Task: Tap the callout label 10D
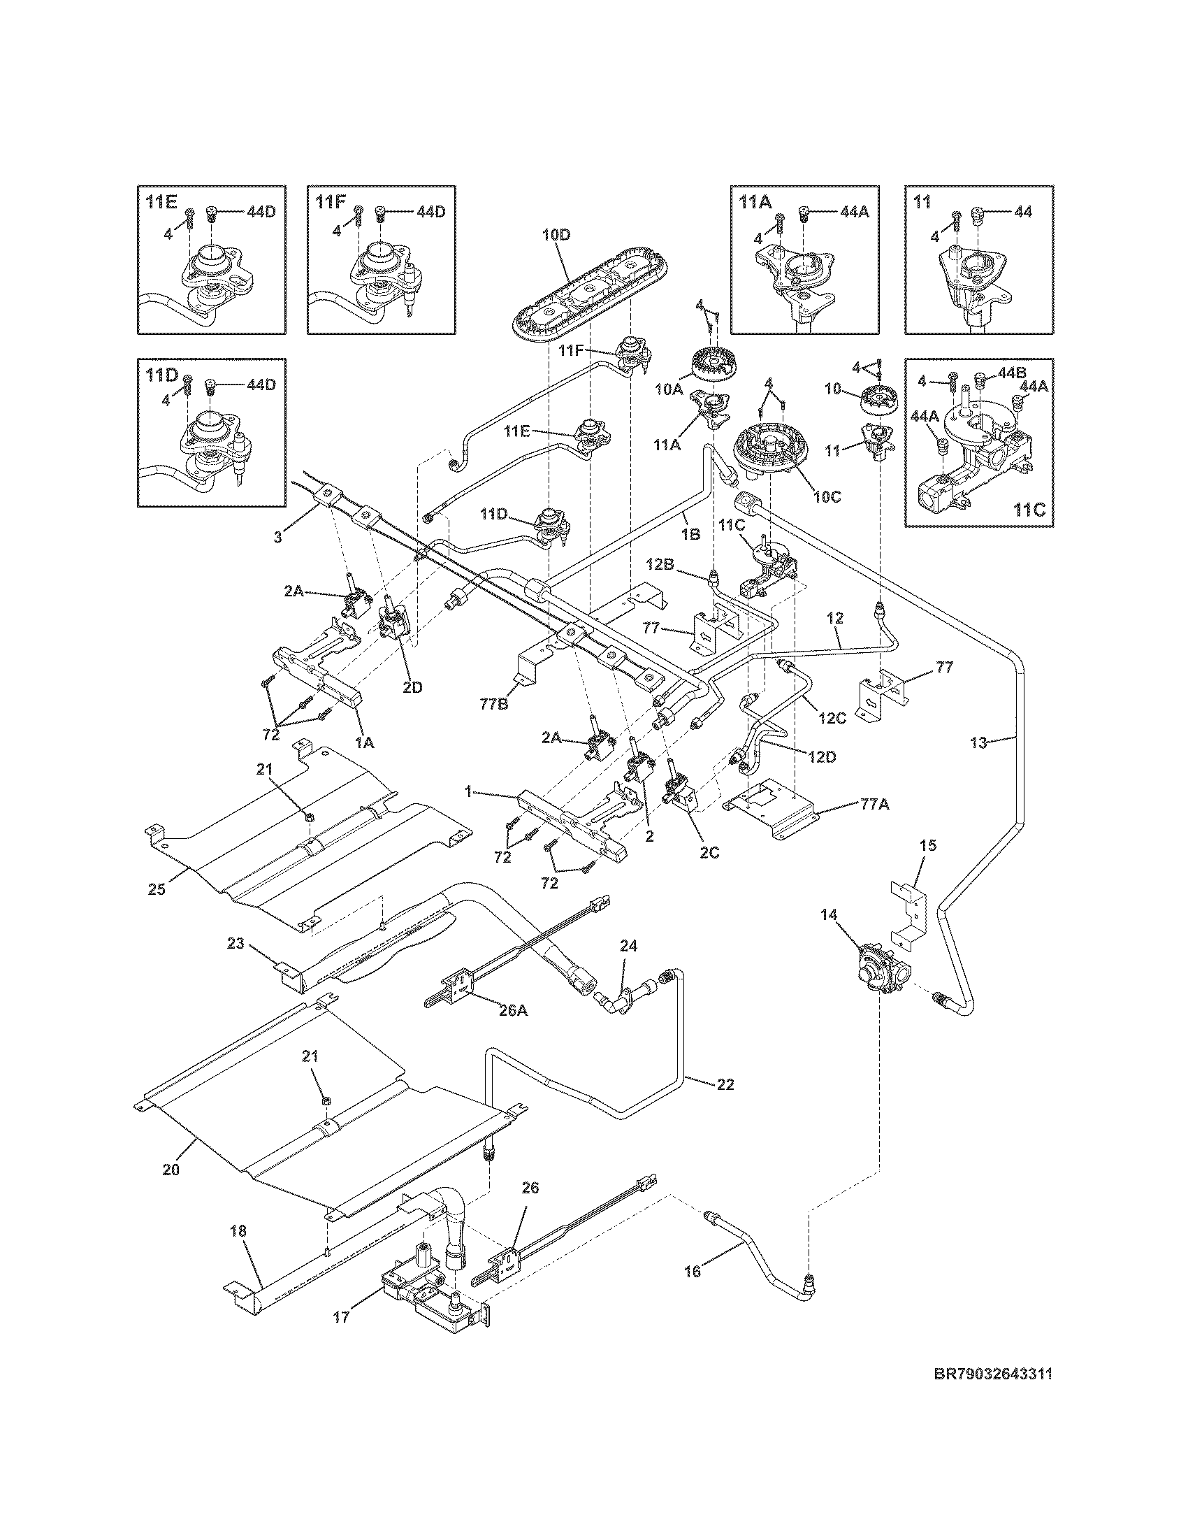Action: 556,234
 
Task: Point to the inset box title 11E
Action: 161,202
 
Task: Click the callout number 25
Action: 157,889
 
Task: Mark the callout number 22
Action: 725,1084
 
